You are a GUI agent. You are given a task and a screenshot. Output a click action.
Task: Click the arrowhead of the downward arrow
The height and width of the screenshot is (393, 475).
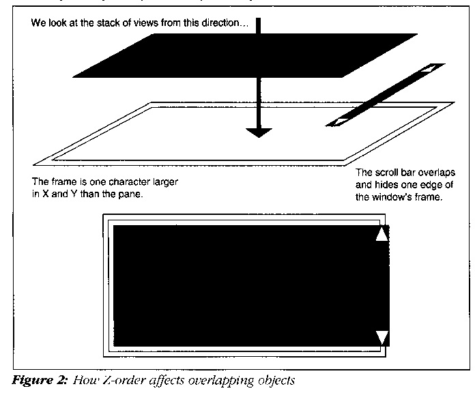click(x=257, y=132)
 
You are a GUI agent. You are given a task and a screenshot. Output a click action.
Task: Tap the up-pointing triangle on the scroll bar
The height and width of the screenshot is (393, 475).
click(x=382, y=234)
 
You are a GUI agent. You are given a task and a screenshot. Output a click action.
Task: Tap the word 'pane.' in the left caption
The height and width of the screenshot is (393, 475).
click(x=137, y=196)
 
